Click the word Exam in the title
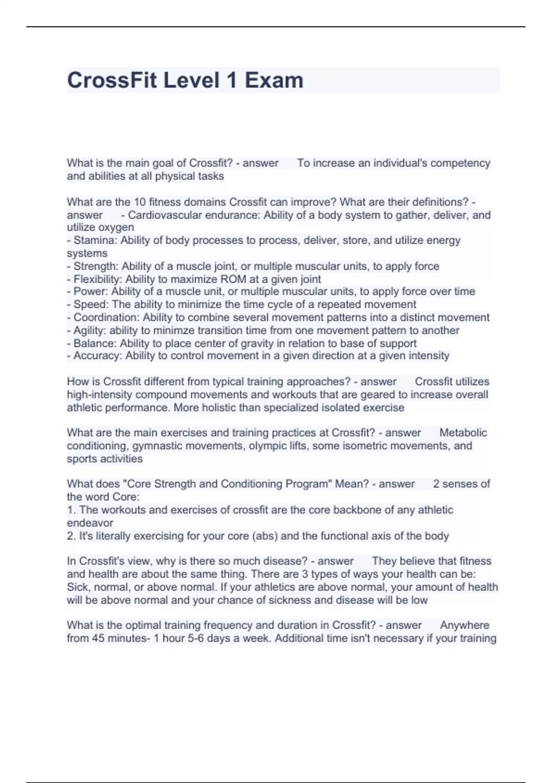(x=274, y=80)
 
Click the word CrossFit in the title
(x=112, y=80)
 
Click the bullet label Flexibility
(x=97, y=279)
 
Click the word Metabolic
(x=463, y=433)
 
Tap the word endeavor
(x=90, y=523)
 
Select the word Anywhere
(x=465, y=625)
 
